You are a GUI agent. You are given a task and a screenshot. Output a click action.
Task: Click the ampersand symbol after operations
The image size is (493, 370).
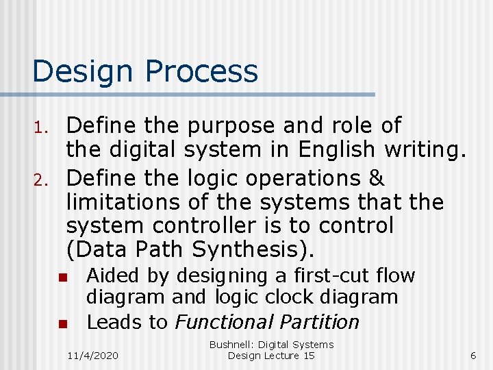[x=376, y=177]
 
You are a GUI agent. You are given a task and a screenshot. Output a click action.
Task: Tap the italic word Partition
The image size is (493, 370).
[x=321, y=322]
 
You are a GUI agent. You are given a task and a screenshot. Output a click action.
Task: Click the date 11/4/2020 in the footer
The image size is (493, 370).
[x=92, y=356]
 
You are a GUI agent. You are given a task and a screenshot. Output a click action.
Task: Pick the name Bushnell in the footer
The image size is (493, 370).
[x=233, y=345]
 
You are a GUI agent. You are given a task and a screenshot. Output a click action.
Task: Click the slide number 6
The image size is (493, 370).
[x=472, y=356]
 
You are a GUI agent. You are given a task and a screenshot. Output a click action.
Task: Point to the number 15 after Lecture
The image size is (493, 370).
[x=308, y=356]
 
